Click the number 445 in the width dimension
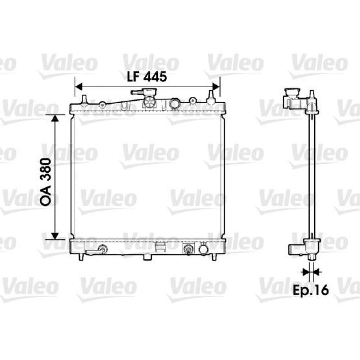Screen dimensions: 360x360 click(x=155, y=76)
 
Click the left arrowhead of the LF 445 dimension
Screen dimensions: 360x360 click(x=79, y=87)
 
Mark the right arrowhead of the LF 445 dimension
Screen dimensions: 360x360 click(x=216, y=87)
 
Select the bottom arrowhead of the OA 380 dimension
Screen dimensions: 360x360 click(x=55, y=235)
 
